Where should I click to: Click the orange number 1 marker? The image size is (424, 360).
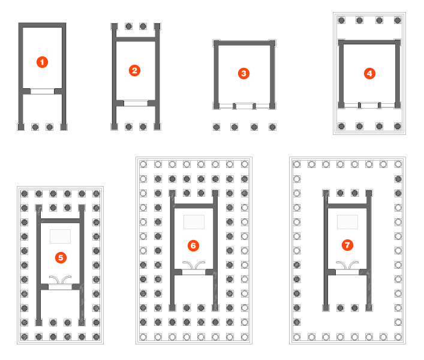click(42, 62)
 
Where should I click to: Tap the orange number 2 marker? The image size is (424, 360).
click(135, 70)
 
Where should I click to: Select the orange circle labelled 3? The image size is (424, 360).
click(243, 73)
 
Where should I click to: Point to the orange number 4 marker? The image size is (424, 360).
click(369, 73)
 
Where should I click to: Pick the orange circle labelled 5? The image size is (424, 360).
click(61, 257)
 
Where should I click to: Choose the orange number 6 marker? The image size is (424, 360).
click(193, 245)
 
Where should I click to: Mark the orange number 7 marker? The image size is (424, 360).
click(346, 245)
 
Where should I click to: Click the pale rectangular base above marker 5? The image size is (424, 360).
click(61, 236)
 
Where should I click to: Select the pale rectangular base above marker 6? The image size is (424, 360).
click(193, 221)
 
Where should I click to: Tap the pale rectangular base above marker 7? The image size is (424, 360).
click(347, 221)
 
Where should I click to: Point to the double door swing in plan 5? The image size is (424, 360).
click(61, 278)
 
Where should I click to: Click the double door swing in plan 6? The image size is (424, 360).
click(193, 265)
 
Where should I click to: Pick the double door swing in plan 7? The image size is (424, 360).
click(347, 265)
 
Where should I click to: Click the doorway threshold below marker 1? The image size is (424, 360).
click(42, 91)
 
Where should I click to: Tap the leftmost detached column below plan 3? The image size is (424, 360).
click(216, 127)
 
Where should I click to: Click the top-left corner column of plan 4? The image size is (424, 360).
click(342, 20)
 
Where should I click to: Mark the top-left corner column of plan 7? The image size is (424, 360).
click(297, 164)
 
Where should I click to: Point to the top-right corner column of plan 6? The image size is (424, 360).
click(245, 164)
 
